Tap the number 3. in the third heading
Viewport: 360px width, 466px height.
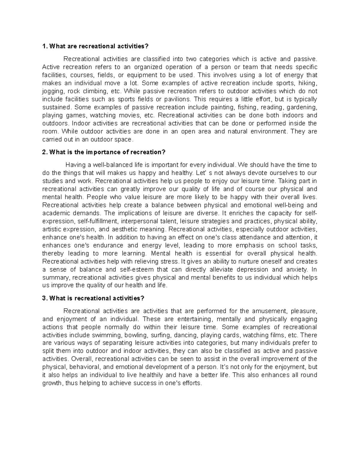(45, 298)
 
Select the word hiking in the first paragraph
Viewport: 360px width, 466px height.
(308, 83)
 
